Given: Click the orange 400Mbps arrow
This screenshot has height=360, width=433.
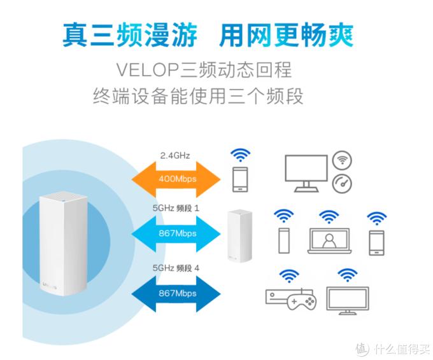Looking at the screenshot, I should pyautogui.click(x=176, y=179).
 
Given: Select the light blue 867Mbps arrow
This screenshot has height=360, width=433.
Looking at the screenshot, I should pyautogui.click(x=176, y=233).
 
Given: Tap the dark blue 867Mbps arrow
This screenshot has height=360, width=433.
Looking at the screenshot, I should pyautogui.click(x=176, y=293).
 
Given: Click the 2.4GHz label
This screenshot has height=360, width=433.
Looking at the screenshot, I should pyautogui.click(x=175, y=155).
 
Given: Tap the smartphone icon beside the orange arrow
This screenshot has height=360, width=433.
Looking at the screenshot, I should pyautogui.click(x=240, y=179).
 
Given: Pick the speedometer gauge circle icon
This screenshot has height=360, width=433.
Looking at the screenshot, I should pyautogui.click(x=343, y=183).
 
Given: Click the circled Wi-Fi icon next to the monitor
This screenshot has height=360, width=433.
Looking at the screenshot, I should pyautogui.click(x=343, y=159).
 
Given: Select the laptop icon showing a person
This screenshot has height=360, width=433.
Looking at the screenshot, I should pyautogui.click(x=329, y=241).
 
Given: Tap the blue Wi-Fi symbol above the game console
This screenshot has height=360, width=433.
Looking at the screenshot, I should pyautogui.click(x=290, y=276).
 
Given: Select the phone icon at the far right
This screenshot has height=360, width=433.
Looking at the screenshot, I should pyautogui.click(x=376, y=241).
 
